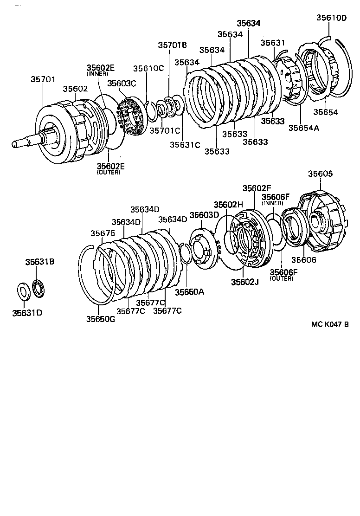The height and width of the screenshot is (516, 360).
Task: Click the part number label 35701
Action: [x=43, y=79]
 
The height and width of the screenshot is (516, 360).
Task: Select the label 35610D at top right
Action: [x=331, y=18]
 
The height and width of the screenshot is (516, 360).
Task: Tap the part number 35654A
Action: [x=303, y=128]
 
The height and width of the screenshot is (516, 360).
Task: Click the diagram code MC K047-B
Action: [x=329, y=325]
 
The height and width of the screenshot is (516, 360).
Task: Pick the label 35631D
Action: [x=27, y=312]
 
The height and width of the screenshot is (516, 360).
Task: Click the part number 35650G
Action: [x=100, y=319]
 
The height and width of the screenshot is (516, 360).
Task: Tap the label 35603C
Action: [x=122, y=83]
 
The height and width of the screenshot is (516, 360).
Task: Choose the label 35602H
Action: [x=228, y=205]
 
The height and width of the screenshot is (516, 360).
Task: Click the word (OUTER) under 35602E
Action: [x=109, y=172]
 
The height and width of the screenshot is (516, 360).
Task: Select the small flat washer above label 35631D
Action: [x=22, y=290]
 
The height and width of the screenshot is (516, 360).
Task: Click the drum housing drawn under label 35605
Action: [x=322, y=218]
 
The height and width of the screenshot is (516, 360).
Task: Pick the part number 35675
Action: [x=102, y=233]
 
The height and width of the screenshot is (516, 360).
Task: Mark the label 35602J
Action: [x=242, y=281]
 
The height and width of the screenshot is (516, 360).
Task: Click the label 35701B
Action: [x=172, y=45]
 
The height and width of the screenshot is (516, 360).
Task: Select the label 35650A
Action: [x=189, y=291]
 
